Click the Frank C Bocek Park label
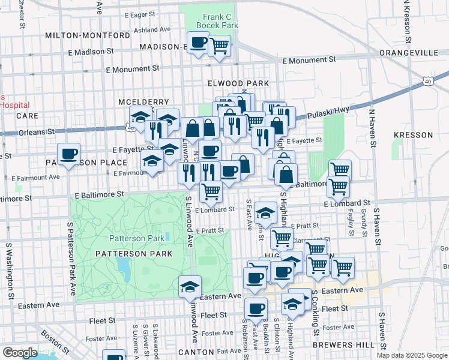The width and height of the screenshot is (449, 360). (x=212, y=21)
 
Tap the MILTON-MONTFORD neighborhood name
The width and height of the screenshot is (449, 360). (x=88, y=35)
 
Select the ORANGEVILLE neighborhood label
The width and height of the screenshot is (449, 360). (x=409, y=53)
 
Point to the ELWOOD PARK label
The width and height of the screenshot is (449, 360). (x=237, y=83)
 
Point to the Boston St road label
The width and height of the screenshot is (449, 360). (x=57, y=340)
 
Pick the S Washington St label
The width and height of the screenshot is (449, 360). (x=10, y=270)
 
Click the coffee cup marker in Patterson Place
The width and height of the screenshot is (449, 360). (x=69, y=154)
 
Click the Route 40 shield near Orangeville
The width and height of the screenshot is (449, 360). (x=427, y=80)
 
